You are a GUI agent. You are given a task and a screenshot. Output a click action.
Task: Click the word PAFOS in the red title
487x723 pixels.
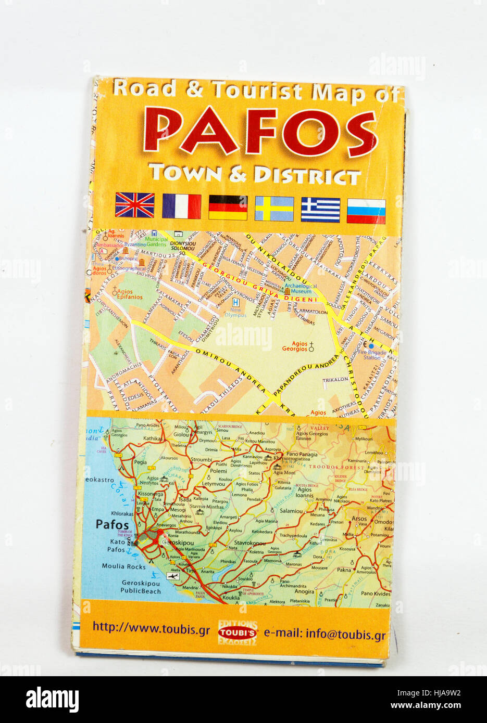259,131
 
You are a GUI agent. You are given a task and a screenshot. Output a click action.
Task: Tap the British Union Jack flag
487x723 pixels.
134,205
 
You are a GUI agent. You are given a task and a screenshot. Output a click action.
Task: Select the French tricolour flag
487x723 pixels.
181,206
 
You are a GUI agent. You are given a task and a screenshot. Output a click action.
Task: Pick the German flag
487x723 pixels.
228,207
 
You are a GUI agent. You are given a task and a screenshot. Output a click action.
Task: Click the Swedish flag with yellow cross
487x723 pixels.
274,209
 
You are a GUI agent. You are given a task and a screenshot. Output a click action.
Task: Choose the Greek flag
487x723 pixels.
320,210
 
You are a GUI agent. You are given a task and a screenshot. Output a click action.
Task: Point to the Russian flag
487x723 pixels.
366,211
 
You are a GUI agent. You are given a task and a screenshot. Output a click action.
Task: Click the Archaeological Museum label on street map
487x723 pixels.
301,289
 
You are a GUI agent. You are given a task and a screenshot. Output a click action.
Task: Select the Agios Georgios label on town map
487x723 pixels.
294,346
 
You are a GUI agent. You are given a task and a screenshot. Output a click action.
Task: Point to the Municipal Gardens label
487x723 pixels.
156,242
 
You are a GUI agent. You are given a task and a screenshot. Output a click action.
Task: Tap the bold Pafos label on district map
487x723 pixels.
112,524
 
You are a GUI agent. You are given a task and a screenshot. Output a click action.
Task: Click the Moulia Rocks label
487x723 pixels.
123,566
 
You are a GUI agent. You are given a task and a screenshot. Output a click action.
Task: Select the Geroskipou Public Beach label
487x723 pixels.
140,587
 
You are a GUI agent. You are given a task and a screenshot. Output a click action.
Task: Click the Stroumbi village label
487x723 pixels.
201,460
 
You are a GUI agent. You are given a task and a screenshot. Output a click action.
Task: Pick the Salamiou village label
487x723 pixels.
291,511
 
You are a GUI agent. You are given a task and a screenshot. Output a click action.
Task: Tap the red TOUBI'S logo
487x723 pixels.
237,632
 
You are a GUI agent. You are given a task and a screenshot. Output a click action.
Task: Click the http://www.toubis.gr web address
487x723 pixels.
151,628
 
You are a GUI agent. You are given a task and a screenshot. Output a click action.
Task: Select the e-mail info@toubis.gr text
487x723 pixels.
324,635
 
